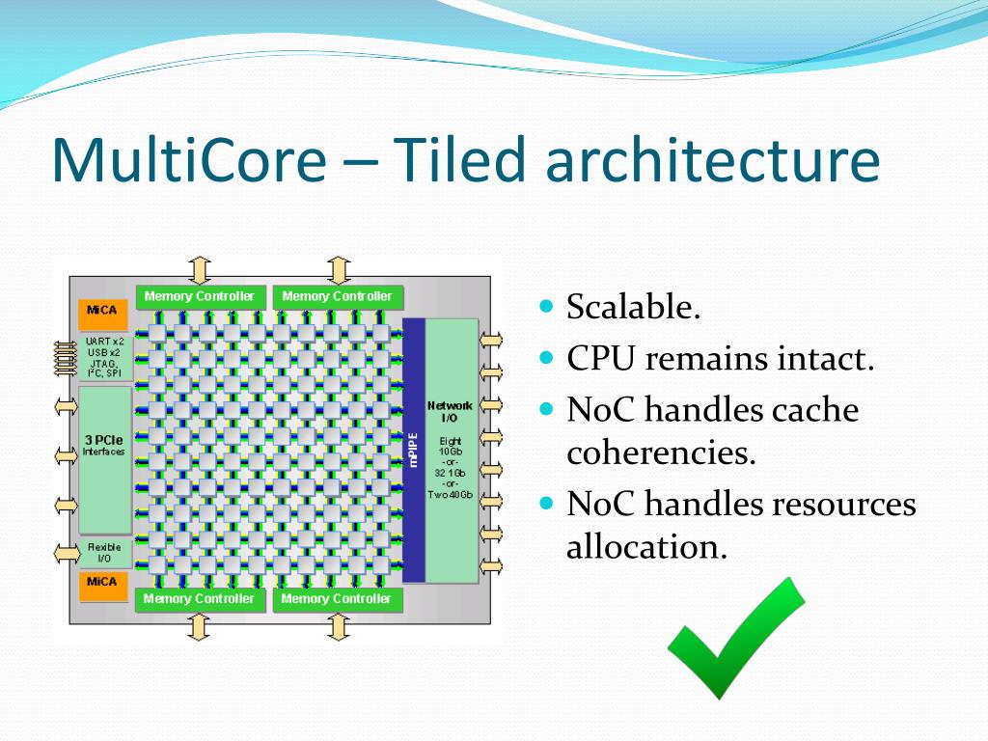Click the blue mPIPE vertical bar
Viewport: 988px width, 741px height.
pyautogui.click(x=414, y=450)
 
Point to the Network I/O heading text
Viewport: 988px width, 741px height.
pyautogui.click(x=451, y=412)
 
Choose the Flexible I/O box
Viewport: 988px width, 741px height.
pyautogui.click(x=104, y=552)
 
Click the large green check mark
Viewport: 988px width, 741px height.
pyautogui.click(x=736, y=638)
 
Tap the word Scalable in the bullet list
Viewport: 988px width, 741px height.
pyautogui.click(x=633, y=308)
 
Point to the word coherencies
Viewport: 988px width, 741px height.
pyautogui.click(x=661, y=453)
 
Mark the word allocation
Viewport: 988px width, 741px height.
pyautogui.click(x=645, y=547)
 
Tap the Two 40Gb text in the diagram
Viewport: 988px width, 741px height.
pyautogui.click(x=451, y=495)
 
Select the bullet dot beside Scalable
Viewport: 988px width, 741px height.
pyautogui.click(x=547, y=308)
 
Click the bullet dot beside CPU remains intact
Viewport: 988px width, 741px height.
pyautogui.click(x=547, y=358)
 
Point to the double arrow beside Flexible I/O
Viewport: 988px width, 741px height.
pyautogui.click(x=67, y=552)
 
